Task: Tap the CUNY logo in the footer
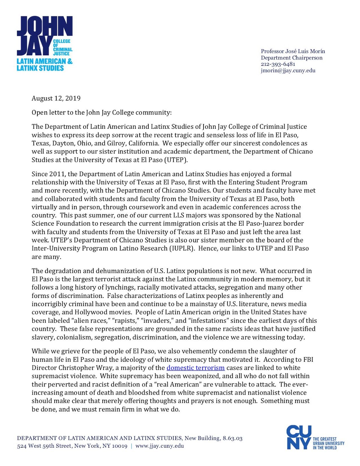pyautogui.click(x=299, y=437)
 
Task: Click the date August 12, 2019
pyautogui.click(x=56, y=98)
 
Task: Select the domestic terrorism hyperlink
pyautogui.click(x=195, y=368)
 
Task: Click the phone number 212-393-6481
pyautogui.click(x=278, y=64)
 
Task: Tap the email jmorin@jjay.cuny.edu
pyautogui.click(x=288, y=70)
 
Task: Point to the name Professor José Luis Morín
pyautogui.click(x=293, y=51)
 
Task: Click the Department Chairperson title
pyautogui.click(x=292, y=58)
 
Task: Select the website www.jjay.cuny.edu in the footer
pyautogui.click(x=160, y=446)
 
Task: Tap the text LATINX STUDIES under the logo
pyautogui.click(x=40, y=68)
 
